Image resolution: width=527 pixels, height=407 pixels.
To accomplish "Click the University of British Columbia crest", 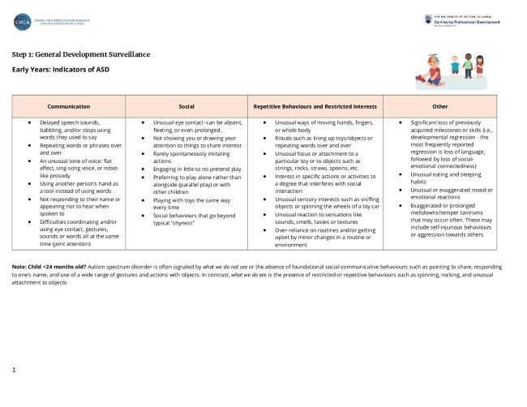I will tap(427, 19).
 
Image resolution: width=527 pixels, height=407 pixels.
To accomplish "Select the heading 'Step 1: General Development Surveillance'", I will tap(81, 54).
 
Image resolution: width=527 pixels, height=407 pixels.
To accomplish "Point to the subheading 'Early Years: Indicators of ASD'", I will tap(60, 69).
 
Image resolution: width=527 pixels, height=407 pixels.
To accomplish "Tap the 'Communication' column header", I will tap(69, 106).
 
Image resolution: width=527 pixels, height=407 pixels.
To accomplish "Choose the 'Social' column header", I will tap(186, 106).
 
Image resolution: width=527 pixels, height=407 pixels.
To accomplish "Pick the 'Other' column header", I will tap(440, 106).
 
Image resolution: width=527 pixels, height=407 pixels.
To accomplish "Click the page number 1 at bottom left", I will tap(15, 370).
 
